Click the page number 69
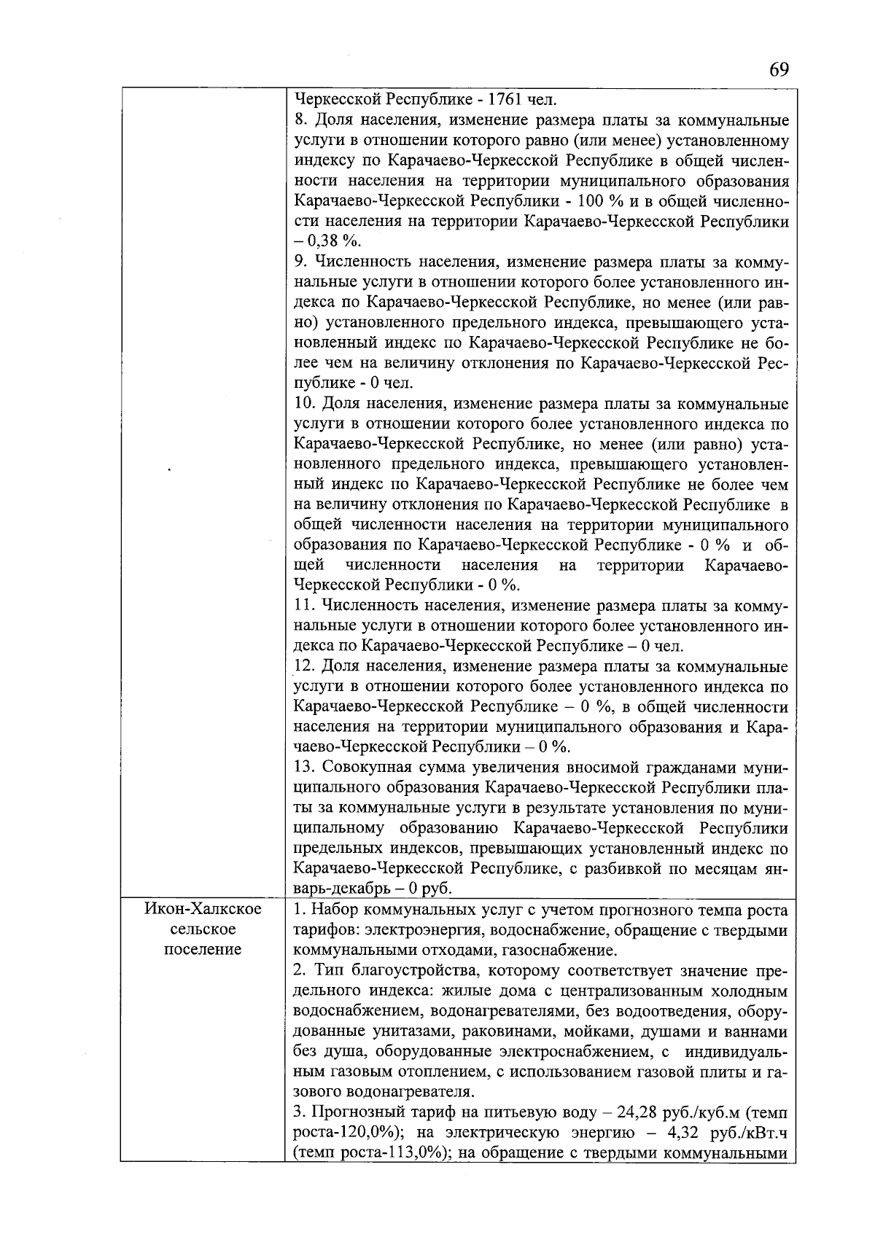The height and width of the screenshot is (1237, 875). coord(778,70)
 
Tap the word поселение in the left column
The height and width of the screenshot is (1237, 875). coord(203,950)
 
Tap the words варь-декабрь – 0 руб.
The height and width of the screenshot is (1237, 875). coord(373,889)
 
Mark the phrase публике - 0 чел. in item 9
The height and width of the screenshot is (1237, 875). coord(353,383)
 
